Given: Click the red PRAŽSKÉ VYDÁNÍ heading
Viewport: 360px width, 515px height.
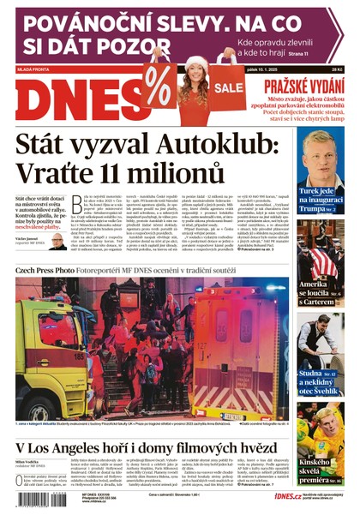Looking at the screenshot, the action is tap(303, 86).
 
